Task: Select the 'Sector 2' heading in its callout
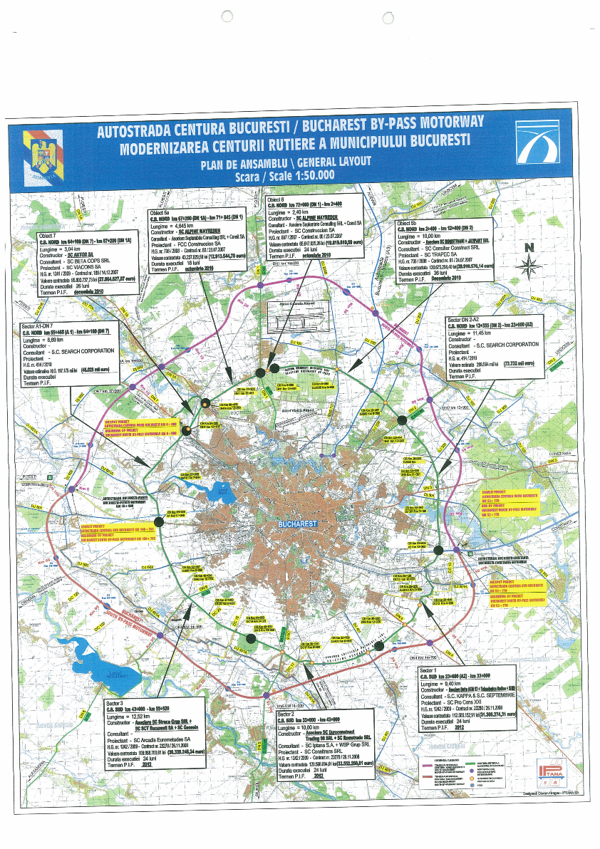(x=286, y=713)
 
